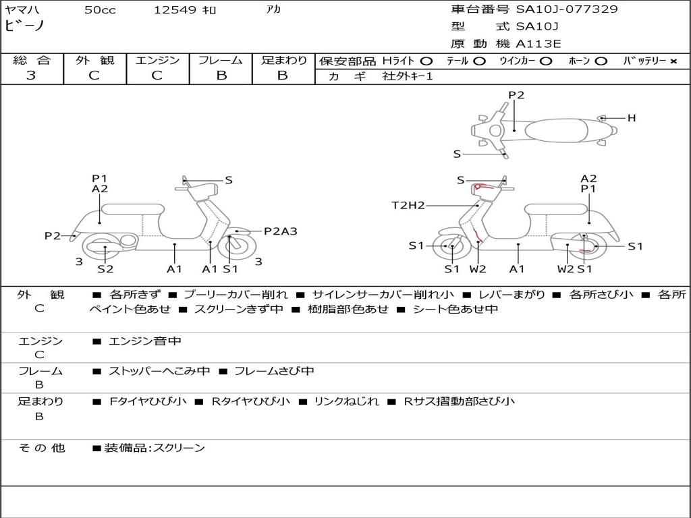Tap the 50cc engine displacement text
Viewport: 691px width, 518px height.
point(99,10)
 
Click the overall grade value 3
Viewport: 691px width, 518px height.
point(31,76)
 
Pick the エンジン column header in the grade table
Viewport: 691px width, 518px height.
point(157,60)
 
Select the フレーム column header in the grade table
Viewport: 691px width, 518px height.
point(221,60)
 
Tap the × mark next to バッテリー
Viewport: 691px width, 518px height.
point(673,61)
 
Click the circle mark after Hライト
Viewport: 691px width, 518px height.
point(426,61)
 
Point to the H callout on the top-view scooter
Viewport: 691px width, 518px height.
point(632,118)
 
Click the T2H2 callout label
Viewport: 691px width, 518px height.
point(408,205)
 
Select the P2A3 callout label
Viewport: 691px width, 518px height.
point(280,231)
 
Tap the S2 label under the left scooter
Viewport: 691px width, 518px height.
point(105,268)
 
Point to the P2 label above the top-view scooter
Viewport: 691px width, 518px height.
point(516,95)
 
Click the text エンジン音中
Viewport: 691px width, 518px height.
point(144,341)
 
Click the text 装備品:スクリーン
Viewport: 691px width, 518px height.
point(154,448)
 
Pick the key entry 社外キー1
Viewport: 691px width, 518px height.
point(408,76)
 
